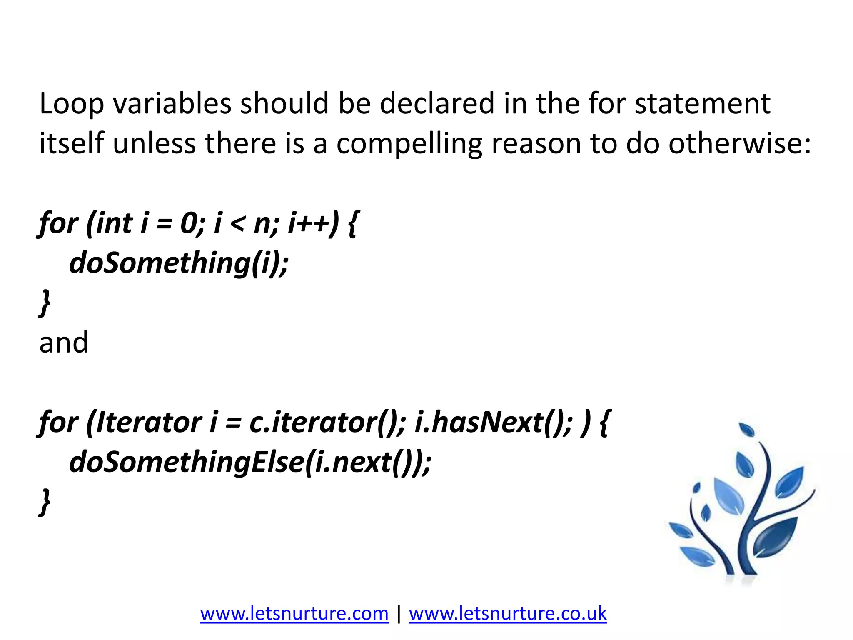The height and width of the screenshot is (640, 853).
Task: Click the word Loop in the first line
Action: (x=71, y=104)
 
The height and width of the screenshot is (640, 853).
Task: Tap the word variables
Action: (x=172, y=104)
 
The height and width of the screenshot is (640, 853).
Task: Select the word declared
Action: (x=436, y=104)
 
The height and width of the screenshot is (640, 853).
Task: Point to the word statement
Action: (x=702, y=104)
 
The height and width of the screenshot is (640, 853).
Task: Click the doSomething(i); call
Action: (x=179, y=263)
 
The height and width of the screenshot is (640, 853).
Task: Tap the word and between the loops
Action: (x=64, y=342)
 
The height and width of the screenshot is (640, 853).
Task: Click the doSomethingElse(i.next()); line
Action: (x=250, y=462)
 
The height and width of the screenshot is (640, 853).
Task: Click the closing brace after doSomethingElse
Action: (x=45, y=502)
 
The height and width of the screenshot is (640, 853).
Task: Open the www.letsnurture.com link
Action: (x=294, y=614)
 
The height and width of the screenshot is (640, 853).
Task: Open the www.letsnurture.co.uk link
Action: (x=507, y=614)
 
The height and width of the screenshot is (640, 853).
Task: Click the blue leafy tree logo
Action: (x=741, y=504)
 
